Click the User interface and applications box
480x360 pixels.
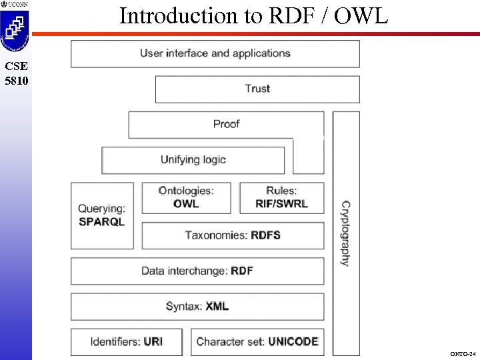[x=215, y=53]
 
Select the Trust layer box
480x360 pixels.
[x=257, y=89]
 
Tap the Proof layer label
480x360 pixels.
[x=226, y=124]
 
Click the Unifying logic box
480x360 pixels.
[x=193, y=160]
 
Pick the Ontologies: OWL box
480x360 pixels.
[x=186, y=197]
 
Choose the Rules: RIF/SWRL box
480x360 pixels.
[x=281, y=197]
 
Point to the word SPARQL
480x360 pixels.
[x=101, y=221]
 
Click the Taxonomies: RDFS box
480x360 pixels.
[x=233, y=235]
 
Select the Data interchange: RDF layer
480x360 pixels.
[x=197, y=271]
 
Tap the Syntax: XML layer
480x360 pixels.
[x=197, y=307]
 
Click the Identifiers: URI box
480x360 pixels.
[x=127, y=342]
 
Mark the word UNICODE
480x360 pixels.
[x=293, y=342]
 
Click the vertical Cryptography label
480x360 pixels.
[x=345, y=233]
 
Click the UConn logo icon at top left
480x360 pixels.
[x=15, y=30]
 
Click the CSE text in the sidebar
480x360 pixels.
[x=15, y=66]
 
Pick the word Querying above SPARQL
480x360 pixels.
[x=101, y=209]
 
